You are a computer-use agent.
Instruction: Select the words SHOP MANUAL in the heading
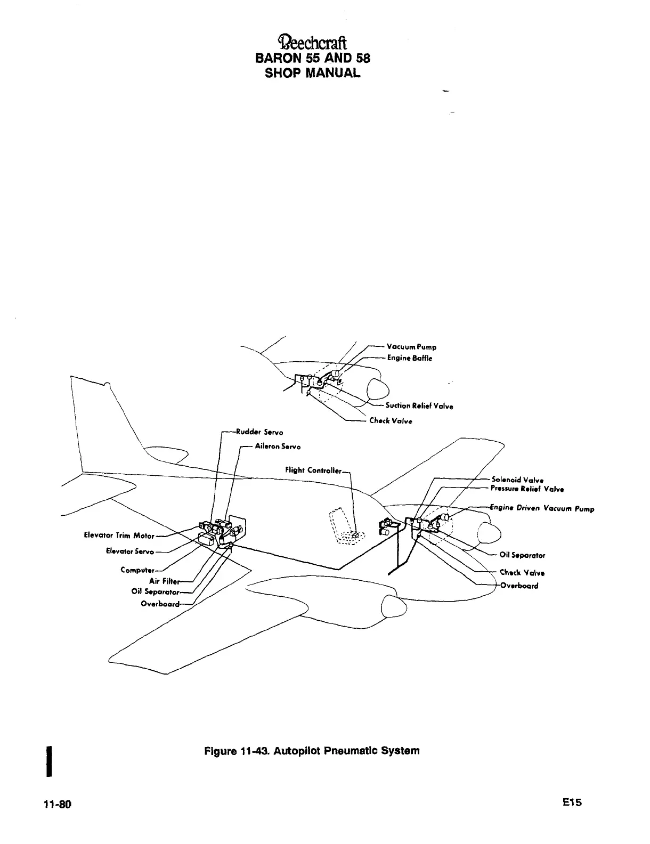click(312, 72)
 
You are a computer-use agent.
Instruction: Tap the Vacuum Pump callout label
click(411, 347)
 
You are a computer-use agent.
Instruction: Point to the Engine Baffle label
click(409, 358)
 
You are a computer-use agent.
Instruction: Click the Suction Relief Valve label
click(419, 406)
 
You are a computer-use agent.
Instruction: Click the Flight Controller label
click(313, 470)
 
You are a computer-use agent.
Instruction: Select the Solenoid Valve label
click(517, 479)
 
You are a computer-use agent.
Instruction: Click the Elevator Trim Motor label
click(119, 535)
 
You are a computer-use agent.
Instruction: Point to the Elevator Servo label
click(130, 551)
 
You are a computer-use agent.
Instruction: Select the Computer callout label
click(137, 570)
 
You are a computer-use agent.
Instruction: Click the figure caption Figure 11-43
click(312, 751)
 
